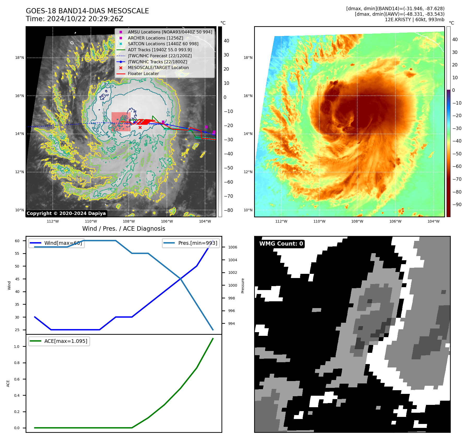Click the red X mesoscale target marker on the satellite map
tap(140, 128)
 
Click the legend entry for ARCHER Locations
tap(155, 38)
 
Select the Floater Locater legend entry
tap(143, 74)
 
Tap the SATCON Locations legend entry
tap(163, 44)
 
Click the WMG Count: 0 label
tap(281, 244)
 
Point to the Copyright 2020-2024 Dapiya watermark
tap(66, 213)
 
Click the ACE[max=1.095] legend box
tap(59, 341)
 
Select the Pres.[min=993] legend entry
tap(191, 243)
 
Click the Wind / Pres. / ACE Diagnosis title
tap(124, 229)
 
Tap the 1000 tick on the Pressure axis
tap(232, 285)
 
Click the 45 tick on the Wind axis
tap(17, 279)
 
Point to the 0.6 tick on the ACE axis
tap(17, 379)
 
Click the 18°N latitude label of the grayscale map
tap(20, 58)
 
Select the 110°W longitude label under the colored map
tap(319, 221)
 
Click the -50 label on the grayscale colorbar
tap(229, 168)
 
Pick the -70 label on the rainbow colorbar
tap(457, 179)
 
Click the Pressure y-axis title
tap(243, 286)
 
